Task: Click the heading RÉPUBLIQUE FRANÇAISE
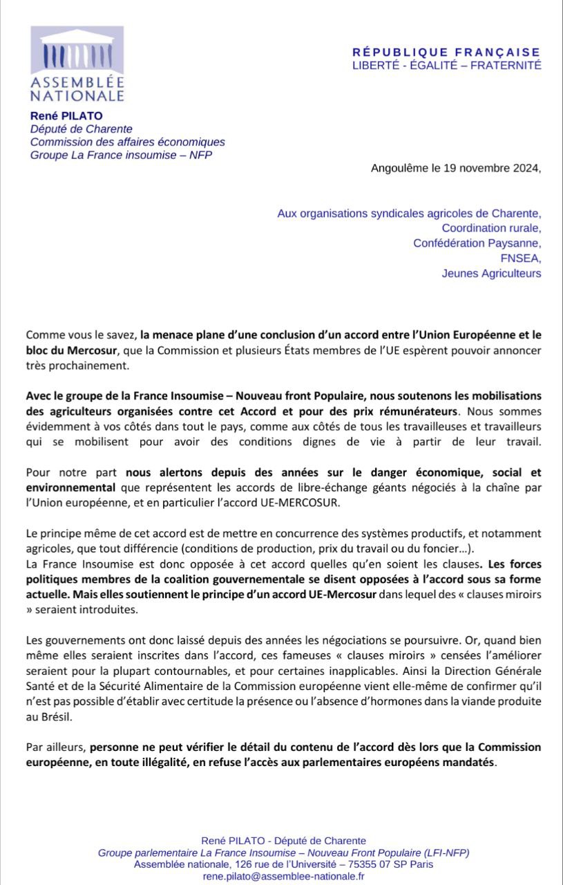click(x=446, y=52)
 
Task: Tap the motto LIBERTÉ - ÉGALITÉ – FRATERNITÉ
click(x=446, y=65)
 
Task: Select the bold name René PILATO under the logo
click(x=66, y=116)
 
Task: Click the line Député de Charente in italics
click(x=81, y=129)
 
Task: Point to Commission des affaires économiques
click(x=127, y=142)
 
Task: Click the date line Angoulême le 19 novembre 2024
click(x=456, y=168)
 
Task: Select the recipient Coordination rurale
click(x=491, y=228)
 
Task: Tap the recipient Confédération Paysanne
click(x=477, y=243)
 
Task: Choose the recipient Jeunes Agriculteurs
click(x=491, y=273)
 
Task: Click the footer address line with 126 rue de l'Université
click(x=283, y=864)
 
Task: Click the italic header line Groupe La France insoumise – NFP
click(x=121, y=155)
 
